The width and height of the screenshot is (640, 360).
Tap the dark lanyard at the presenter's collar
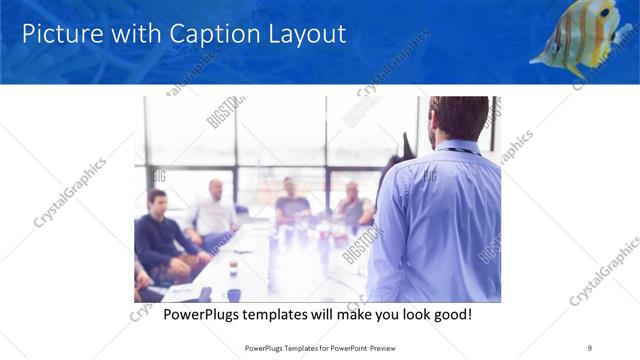point(463,150)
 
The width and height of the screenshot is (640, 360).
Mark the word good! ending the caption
point(450,314)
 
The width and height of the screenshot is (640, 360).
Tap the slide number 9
point(590,347)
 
